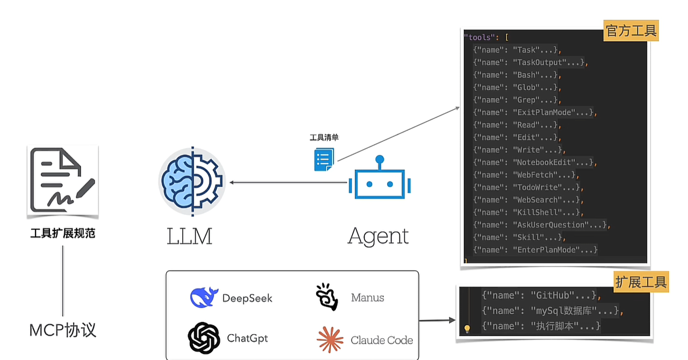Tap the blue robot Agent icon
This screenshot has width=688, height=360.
pos(379,181)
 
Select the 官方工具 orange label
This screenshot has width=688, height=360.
pos(631,31)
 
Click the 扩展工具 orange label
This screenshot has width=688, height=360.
pos(641,282)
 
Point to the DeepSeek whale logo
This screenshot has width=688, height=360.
pos(204,297)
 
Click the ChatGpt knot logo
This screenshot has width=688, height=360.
pos(204,338)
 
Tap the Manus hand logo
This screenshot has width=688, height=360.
pos(327,297)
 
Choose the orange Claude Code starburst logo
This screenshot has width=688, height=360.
pos(330,340)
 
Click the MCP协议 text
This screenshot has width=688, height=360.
pos(63,330)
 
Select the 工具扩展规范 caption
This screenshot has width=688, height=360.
pos(63,234)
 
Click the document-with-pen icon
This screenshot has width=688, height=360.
pos(63,181)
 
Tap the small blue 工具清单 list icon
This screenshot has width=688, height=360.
pos(324,159)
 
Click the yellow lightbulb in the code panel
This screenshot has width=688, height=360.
pos(467,328)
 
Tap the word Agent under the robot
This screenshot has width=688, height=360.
pos(378,236)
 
